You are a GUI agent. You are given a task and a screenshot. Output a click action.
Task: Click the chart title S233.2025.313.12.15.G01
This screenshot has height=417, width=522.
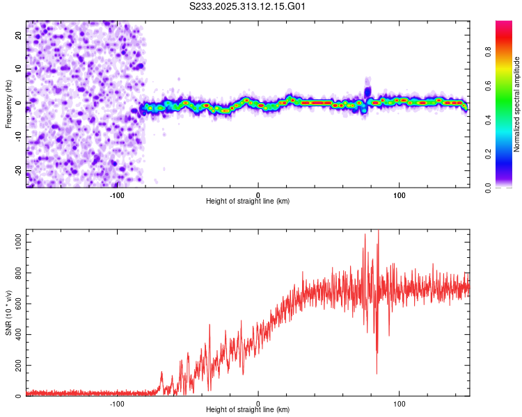(248, 7)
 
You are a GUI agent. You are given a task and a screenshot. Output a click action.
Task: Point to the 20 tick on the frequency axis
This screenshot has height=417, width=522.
(18, 35)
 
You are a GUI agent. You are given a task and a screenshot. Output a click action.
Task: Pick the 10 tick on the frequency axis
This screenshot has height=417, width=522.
(18, 69)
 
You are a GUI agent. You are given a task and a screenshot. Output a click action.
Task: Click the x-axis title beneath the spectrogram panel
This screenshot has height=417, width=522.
(248, 202)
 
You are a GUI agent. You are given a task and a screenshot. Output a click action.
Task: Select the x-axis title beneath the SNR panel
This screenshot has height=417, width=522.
(248, 411)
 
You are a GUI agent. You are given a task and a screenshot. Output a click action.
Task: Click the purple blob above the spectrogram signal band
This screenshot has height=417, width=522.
(367, 90)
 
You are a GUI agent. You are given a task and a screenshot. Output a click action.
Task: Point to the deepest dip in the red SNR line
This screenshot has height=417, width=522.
(377, 373)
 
